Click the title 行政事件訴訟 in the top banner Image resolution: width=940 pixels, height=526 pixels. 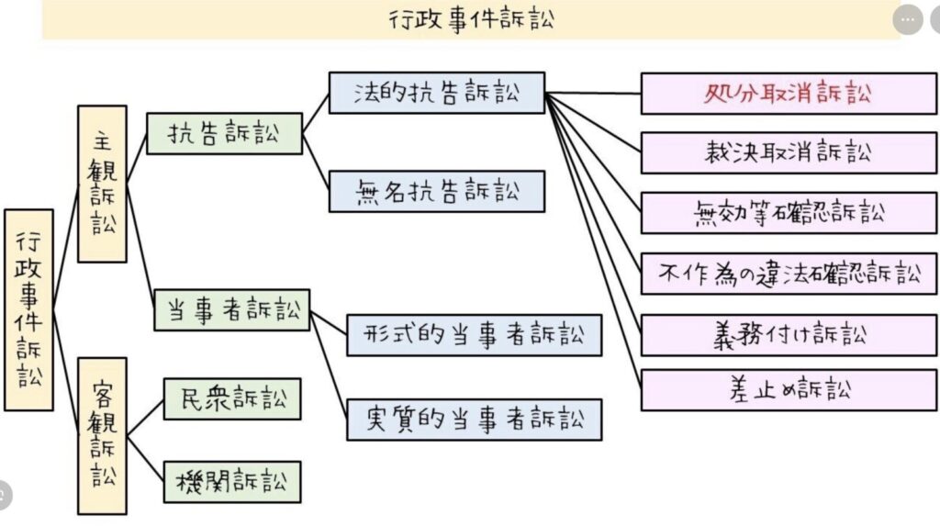tap(471, 19)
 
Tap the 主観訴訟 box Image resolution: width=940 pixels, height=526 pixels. tap(102, 184)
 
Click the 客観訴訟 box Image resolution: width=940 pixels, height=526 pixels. tap(102, 436)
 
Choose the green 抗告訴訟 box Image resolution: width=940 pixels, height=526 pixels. tap(225, 133)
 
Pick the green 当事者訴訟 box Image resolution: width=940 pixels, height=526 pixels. tap(232, 310)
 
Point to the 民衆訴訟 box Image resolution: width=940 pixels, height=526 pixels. tap(232, 398)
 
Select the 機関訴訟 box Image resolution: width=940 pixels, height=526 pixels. tap(232, 481)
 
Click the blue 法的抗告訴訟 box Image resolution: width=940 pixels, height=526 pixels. tap(436, 93)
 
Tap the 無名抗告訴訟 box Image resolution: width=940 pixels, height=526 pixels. tap(436, 192)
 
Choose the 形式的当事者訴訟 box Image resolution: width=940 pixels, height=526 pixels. tap(474, 335)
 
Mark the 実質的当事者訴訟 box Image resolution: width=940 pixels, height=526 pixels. tap(474, 420)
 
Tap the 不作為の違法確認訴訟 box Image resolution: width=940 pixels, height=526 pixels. tap(789, 274)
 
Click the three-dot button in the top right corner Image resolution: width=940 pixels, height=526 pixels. tap(907, 19)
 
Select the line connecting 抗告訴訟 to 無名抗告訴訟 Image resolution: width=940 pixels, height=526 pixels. tap(317, 162)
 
